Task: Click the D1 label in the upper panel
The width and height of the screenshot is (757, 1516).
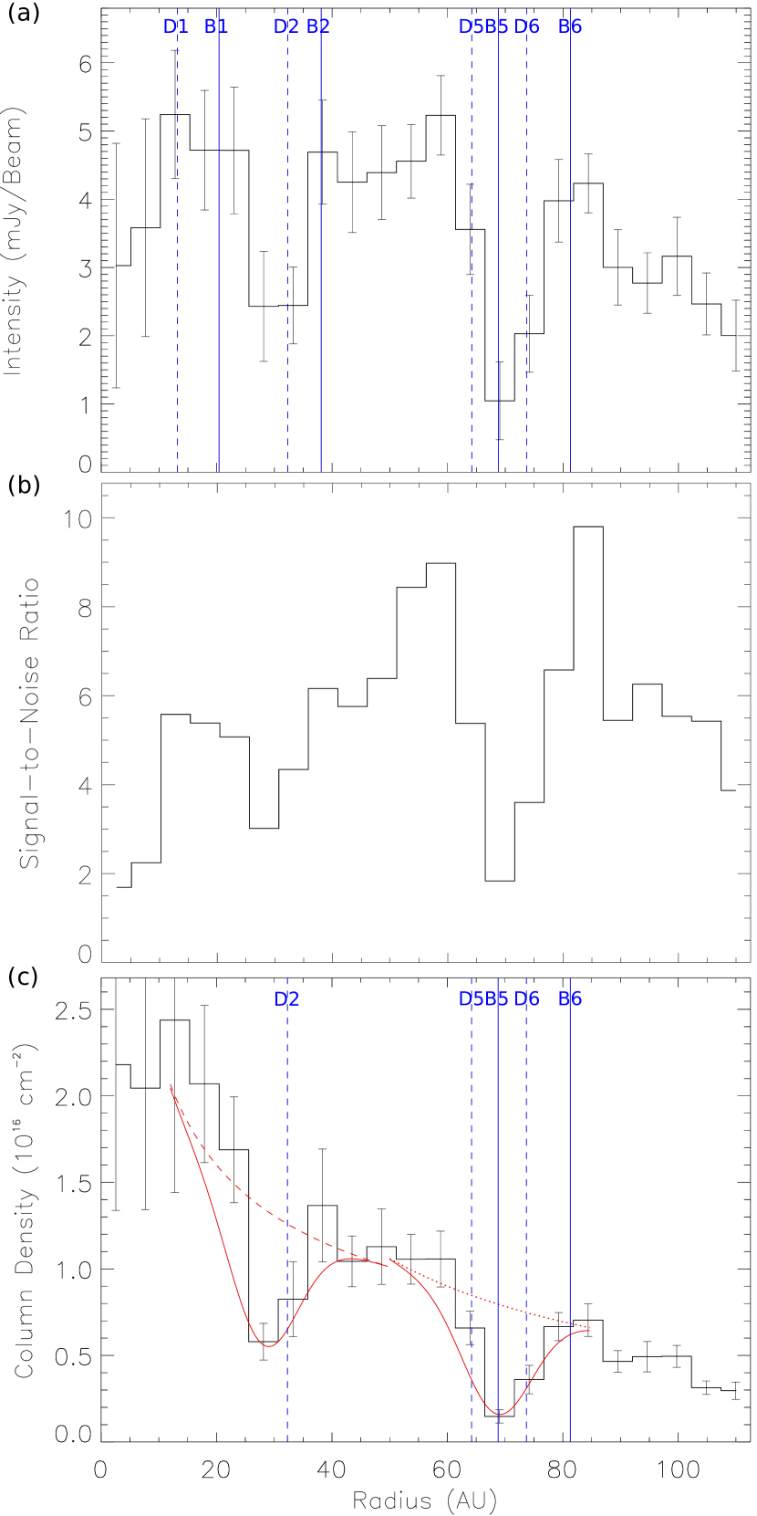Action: (175, 27)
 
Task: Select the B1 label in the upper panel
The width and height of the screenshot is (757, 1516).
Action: (216, 27)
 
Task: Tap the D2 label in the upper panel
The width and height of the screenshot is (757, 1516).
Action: (286, 27)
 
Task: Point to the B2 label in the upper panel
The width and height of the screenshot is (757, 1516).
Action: (318, 27)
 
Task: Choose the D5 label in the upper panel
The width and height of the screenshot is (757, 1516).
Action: (470, 27)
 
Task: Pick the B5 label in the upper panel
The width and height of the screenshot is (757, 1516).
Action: (497, 27)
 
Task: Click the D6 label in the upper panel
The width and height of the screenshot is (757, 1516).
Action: (527, 27)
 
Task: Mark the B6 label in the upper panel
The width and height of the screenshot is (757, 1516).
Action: (570, 27)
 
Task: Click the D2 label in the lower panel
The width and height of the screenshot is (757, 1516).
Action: (286, 999)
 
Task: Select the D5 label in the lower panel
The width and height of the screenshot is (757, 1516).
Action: (470, 999)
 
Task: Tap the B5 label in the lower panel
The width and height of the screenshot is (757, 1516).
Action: (497, 999)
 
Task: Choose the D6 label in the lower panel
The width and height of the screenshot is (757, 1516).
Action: (527, 999)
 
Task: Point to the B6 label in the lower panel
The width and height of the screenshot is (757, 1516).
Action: (570, 999)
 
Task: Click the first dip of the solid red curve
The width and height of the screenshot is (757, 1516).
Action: (268, 1345)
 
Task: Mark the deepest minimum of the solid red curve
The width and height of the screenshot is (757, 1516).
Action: (500, 1414)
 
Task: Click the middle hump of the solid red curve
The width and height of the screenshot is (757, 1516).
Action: (356, 1259)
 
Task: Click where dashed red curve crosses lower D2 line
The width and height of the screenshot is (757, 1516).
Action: (287, 1221)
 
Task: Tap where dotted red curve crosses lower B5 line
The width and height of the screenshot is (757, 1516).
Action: (498, 1303)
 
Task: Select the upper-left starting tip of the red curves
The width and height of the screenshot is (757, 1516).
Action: (171, 1085)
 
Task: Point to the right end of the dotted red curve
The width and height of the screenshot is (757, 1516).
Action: (590, 1327)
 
